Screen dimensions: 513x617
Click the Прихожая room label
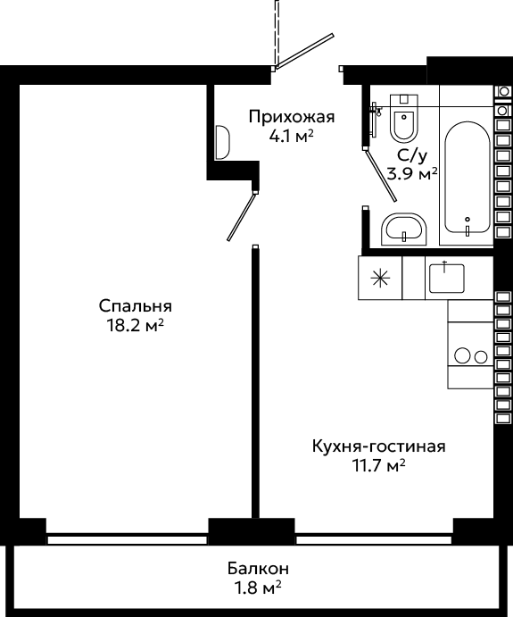coord(292,117)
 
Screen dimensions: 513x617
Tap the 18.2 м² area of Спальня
coord(135,325)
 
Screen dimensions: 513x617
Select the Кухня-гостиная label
coord(379,446)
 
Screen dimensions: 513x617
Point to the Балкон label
coord(258,569)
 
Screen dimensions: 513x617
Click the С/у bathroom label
coord(411,156)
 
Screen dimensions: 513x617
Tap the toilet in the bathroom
coord(404,118)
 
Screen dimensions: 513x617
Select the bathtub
coord(467,178)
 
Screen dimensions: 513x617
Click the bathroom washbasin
coord(404,229)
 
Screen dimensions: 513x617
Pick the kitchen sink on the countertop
coord(447,278)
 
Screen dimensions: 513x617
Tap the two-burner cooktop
coord(470,355)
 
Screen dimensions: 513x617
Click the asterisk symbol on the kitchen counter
coord(381,279)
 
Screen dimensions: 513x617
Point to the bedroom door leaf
coord(242,216)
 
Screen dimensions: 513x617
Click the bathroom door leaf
coord(381,175)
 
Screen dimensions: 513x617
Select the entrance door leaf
coord(304,51)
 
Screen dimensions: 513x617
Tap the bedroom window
coord(127,539)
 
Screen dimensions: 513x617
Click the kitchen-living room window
coord(374,539)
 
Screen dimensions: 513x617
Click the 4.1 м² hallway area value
coord(291,136)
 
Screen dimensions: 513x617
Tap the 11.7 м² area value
coord(379,466)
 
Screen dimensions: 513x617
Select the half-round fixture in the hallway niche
coord(222,143)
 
